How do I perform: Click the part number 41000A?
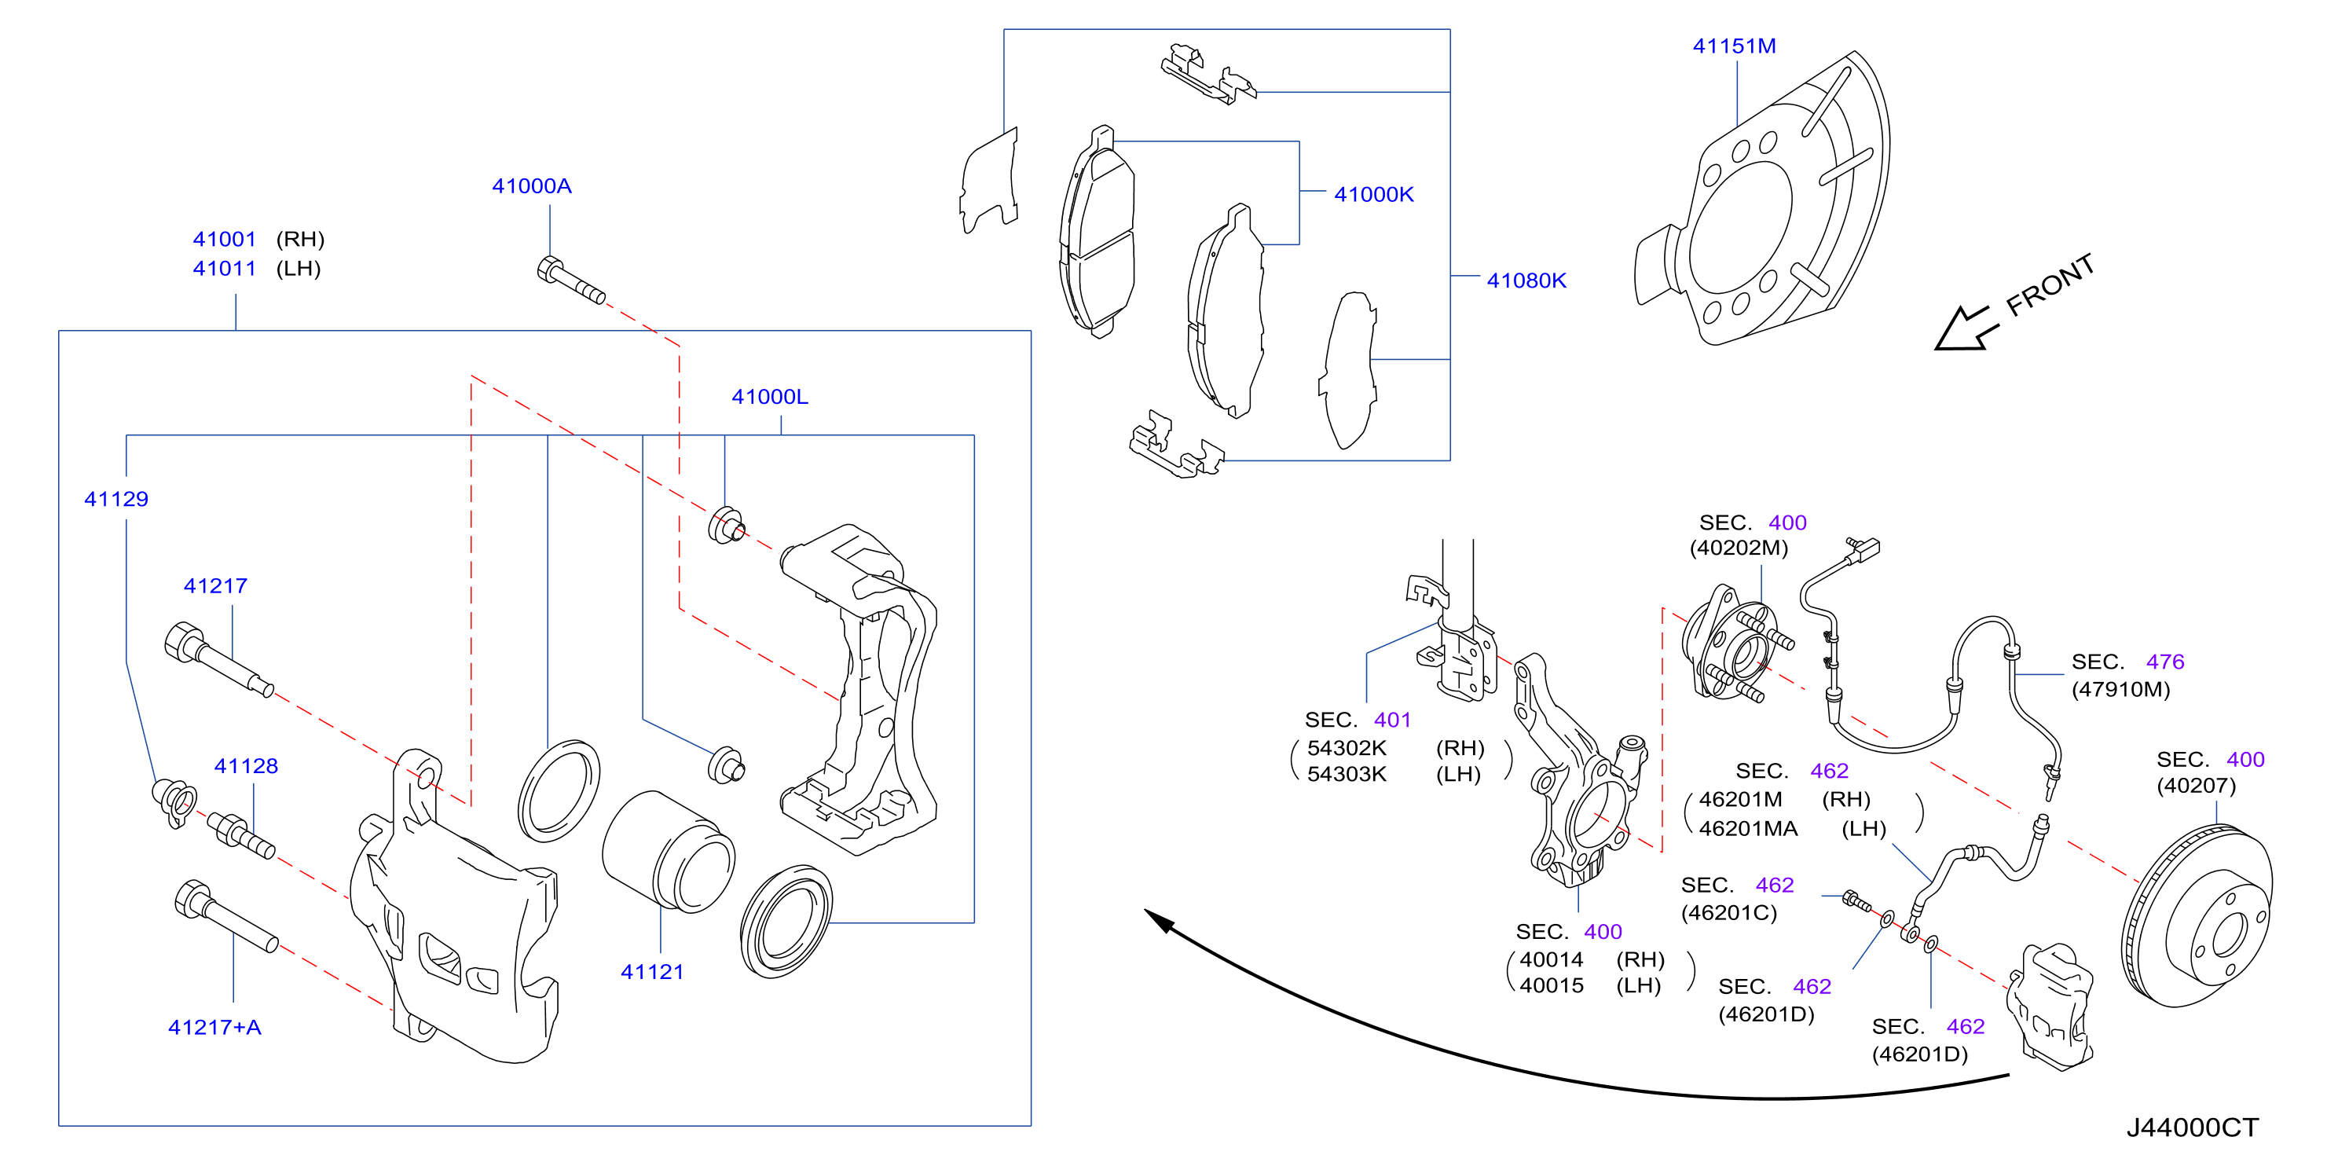532,186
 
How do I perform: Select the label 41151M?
1734,46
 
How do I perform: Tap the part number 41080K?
1526,280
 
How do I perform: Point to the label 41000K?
1373,194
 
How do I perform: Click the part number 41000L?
770,397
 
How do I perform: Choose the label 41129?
115,499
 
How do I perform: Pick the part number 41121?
652,972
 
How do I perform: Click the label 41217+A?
214,1028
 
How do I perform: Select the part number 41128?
246,766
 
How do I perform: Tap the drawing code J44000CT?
2192,1127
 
